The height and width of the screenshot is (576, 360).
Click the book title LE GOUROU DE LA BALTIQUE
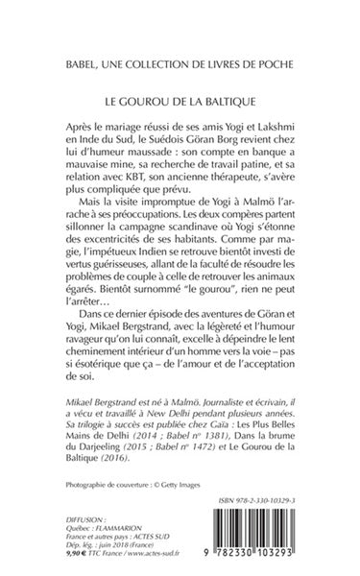point(180,99)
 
